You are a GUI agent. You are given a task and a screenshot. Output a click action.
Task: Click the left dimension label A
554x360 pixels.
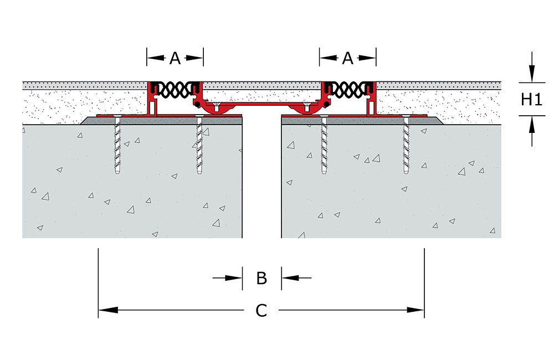(x=175, y=57)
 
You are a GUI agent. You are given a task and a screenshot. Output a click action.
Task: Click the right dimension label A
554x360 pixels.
(x=348, y=57)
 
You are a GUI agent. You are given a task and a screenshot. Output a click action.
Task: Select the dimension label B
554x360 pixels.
(x=262, y=277)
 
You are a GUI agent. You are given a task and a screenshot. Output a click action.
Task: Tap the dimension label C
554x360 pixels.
(x=261, y=311)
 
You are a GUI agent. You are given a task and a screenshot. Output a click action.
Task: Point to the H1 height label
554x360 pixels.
(x=531, y=99)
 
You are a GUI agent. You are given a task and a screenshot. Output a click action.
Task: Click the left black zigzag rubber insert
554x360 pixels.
(x=176, y=88)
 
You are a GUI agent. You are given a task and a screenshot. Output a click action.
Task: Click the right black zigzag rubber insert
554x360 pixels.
(x=348, y=88)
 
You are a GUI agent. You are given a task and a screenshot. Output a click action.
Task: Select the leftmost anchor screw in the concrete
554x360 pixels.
(x=117, y=147)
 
